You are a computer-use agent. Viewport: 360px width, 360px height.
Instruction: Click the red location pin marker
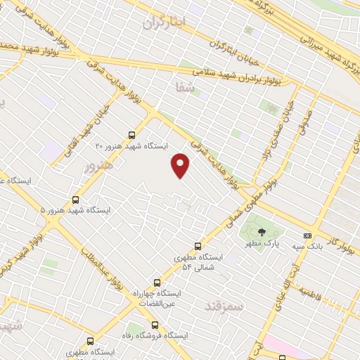click(x=181, y=165)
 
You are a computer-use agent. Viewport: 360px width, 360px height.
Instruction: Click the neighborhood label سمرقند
click(x=223, y=306)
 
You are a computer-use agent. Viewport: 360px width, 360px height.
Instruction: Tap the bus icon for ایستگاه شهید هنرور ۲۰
click(x=131, y=134)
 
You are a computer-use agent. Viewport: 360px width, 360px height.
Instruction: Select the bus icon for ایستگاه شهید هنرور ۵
click(x=76, y=200)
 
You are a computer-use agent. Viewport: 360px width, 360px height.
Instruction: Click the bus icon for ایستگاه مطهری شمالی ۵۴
click(x=198, y=246)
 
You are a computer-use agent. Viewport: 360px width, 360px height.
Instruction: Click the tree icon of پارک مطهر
click(x=262, y=231)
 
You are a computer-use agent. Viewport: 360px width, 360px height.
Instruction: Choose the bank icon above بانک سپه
click(x=307, y=236)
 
